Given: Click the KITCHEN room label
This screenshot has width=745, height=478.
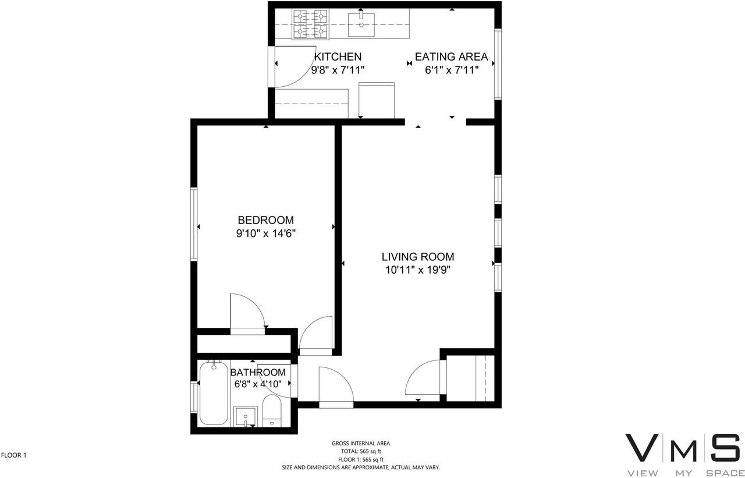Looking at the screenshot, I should (338, 56).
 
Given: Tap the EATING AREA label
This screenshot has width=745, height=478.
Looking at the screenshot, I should (451, 56).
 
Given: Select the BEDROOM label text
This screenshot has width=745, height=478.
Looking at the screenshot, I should (265, 220).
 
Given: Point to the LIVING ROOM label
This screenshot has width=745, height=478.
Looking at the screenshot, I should (417, 256).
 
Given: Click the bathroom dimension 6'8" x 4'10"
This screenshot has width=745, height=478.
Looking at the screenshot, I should (258, 384).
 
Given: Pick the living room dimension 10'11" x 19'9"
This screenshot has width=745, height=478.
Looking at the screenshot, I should (417, 270).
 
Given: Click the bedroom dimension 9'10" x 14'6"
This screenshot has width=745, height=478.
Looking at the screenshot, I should (265, 233).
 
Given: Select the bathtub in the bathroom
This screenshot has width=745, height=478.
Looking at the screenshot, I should (214, 393).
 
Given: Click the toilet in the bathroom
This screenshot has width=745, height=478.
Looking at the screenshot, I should (271, 409).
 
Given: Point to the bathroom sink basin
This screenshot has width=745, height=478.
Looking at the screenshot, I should (246, 416).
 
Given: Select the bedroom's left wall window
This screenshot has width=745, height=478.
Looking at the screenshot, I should (194, 224).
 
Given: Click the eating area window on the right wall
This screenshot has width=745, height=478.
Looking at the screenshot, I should (498, 64).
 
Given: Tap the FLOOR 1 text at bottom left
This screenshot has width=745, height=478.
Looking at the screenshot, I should (14, 455).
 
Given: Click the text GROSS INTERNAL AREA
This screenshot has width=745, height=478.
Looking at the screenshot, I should (361, 443).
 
